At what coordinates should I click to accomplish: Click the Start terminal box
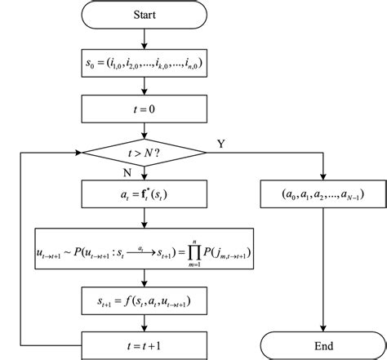pyautogui.click(x=144, y=16)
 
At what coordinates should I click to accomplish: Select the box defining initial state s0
pyautogui.click(x=144, y=61)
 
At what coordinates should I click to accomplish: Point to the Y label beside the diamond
pyautogui.click(x=220, y=143)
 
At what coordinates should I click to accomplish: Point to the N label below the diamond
pyautogui.click(x=127, y=174)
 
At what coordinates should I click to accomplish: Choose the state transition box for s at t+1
pyautogui.click(x=144, y=301)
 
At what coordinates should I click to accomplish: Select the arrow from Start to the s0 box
pyautogui.click(x=144, y=38)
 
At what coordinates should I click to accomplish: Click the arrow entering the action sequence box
pyautogui.click(x=322, y=174)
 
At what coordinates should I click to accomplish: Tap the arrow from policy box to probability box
pyautogui.click(x=144, y=218)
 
